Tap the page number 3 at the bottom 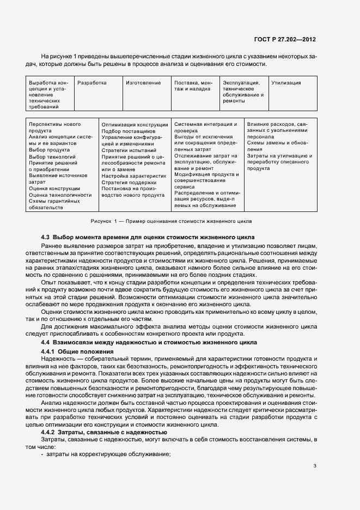(315, 466)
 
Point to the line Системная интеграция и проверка (205, 127)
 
